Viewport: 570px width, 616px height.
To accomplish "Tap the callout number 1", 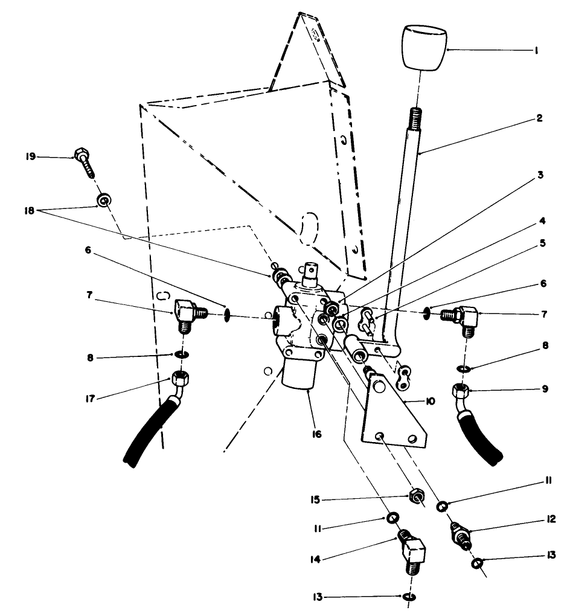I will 536,51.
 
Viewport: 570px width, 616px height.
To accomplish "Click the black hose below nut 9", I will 480,435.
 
